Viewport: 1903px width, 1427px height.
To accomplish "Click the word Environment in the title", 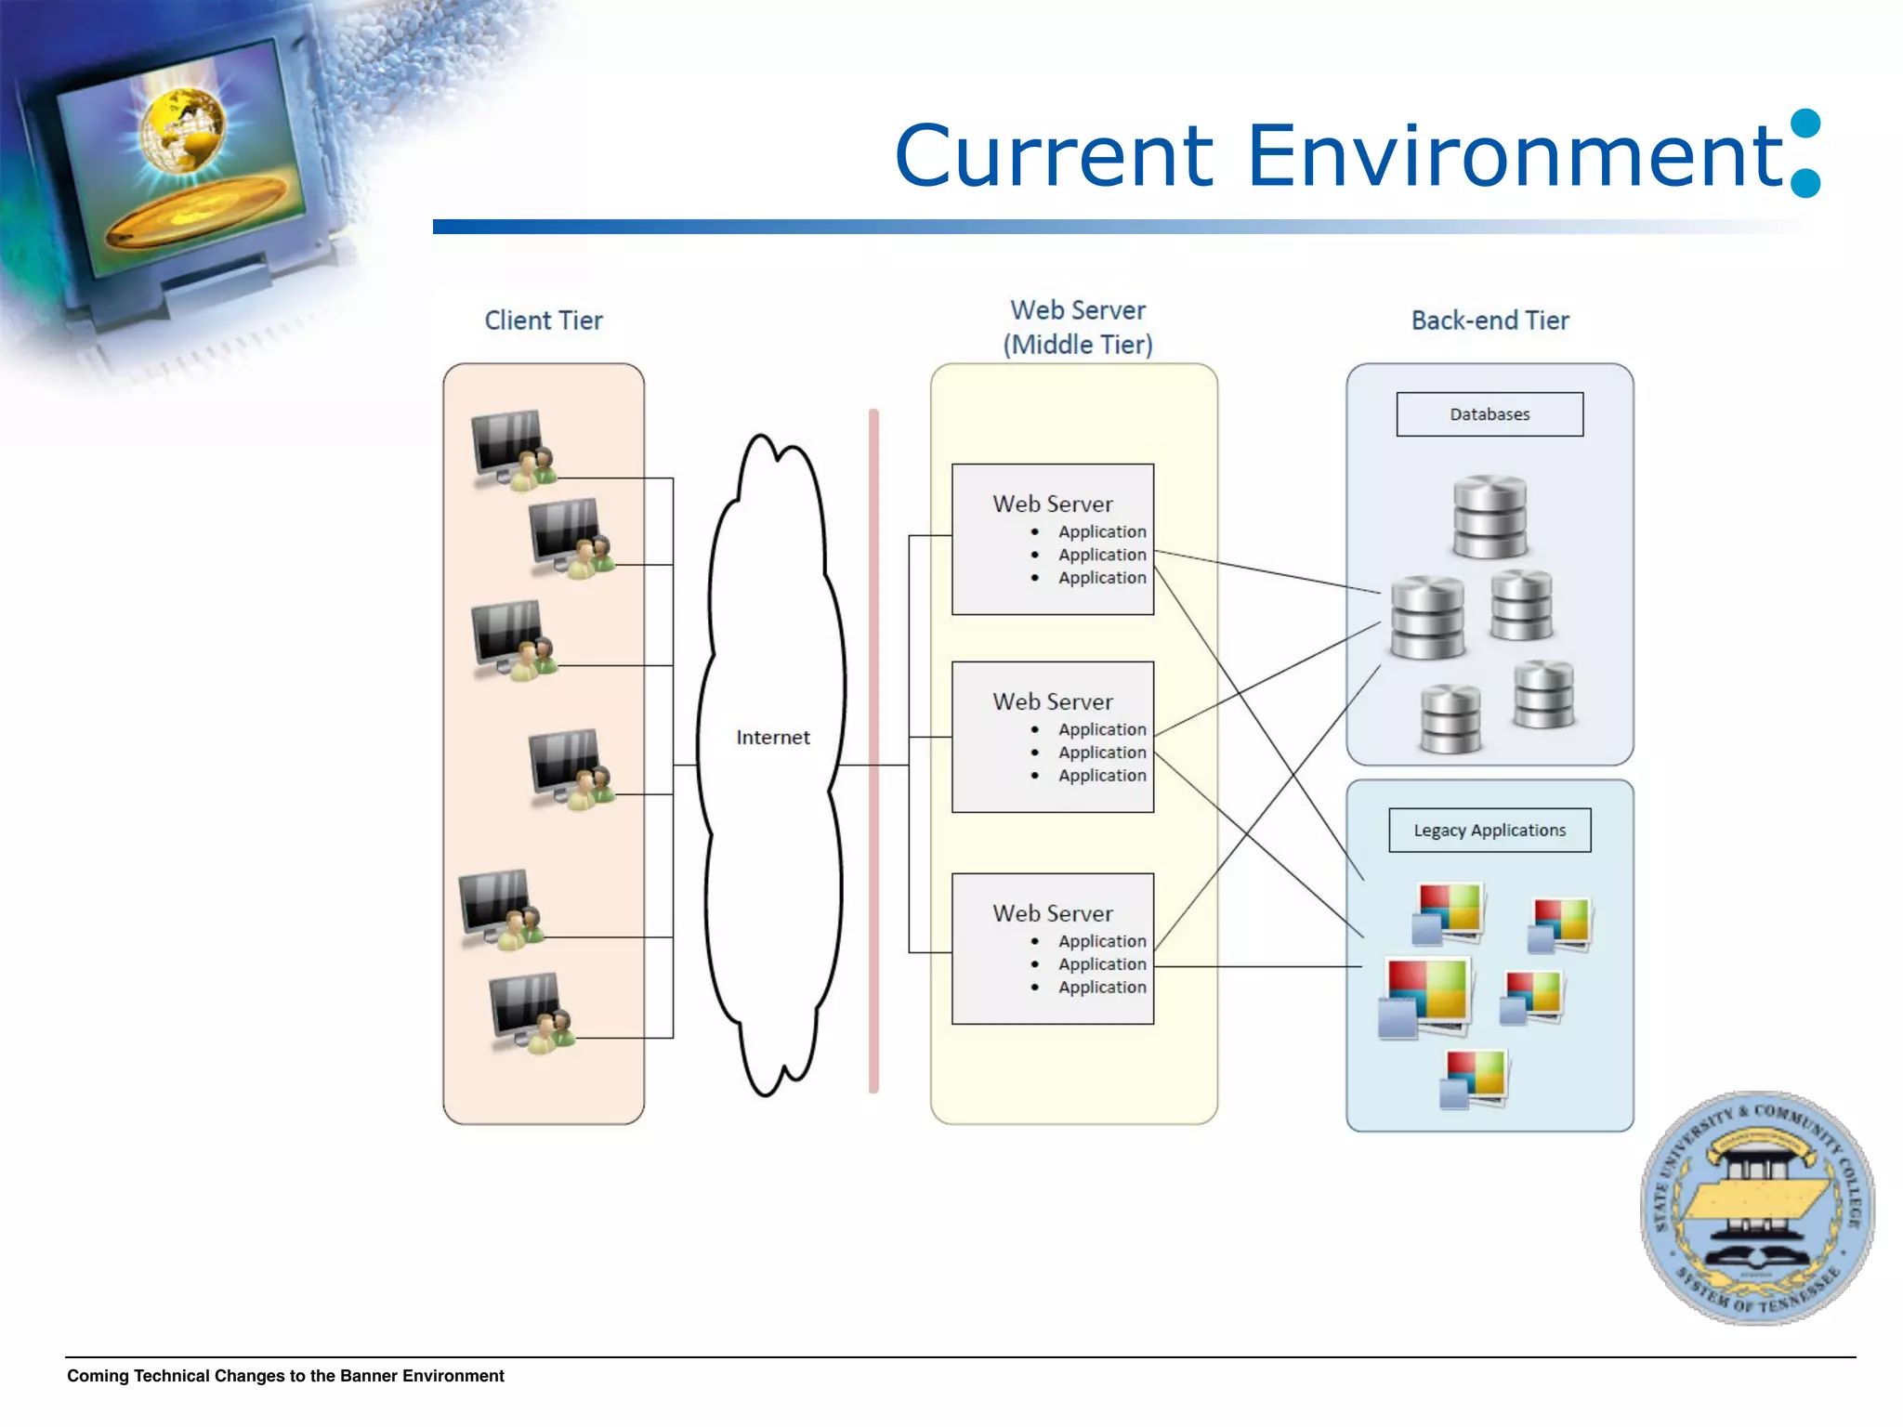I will click(1515, 155).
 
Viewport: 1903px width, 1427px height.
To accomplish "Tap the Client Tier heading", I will click(544, 321).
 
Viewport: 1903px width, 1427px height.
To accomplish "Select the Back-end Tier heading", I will click(1490, 321).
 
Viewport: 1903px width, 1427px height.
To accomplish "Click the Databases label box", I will click(1490, 414).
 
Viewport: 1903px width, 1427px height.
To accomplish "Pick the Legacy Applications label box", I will click(1490, 831).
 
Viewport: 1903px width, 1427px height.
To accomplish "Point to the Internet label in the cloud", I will click(772, 738).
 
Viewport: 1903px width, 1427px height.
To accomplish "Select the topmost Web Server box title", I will click(1052, 504).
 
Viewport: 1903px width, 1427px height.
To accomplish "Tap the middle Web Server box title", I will click(1052, 702).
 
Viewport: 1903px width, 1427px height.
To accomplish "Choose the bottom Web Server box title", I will click(1052, 914).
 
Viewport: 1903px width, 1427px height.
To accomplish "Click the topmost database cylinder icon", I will click(1490, 517).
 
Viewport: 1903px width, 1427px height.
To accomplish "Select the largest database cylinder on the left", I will click(1427, 617).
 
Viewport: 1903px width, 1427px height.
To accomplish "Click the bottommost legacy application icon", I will click(1475, 1079).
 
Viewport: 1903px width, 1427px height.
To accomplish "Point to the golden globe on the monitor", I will click(183, 129).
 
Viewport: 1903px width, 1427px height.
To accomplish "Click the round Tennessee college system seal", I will click(1756, 1208).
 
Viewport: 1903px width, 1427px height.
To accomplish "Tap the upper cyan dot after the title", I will click(1805, 124).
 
